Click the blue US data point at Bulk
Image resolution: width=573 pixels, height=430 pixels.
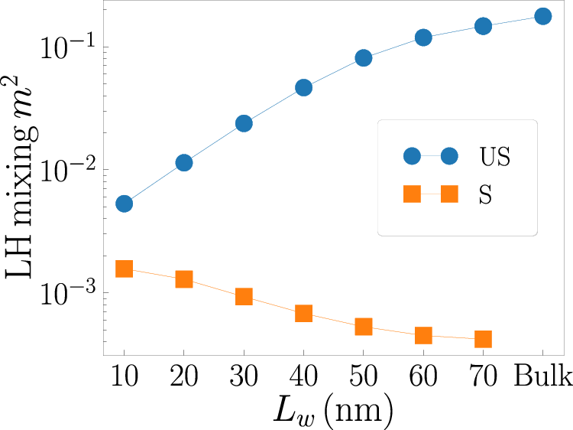pyautogui.click(x=542, y=16)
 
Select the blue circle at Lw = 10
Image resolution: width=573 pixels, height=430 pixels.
pyautogui.click(x=124, y=204)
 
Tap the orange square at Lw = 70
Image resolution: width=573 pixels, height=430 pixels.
pyautogui.click(x=483, y=339)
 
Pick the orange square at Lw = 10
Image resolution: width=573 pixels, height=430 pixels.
pyautogui.click(x=124, y=269)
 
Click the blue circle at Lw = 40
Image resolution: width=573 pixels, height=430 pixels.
pyautogui.click(x=303, y=87)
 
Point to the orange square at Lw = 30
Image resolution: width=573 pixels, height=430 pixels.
pyautogui.click(x=244, y=296)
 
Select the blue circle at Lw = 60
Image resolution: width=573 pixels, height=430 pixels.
pyautogui.click(x=423, y=37)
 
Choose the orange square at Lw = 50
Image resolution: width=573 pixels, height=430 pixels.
pyautogui.click(x=363, y=327)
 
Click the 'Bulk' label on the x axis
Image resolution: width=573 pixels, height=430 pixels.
pyautogui.click(x=542, y=377)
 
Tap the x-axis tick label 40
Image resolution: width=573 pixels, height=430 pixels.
pyautogui.click(x=303, y=377)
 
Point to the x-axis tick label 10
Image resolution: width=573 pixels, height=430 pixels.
pyautogui.click(x=124, y=377)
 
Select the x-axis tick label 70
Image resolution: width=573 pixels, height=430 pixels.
pyautogui.click(x=483, y=377)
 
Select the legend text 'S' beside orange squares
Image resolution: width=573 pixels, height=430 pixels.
pyautogui.click(x=484, y=195)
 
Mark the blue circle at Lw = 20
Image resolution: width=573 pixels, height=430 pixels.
pyautogui.click(x=183, y=162)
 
